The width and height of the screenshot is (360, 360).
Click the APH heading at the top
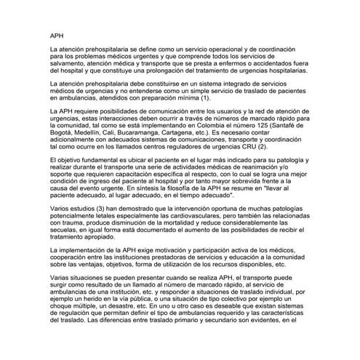coord(58,33)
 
